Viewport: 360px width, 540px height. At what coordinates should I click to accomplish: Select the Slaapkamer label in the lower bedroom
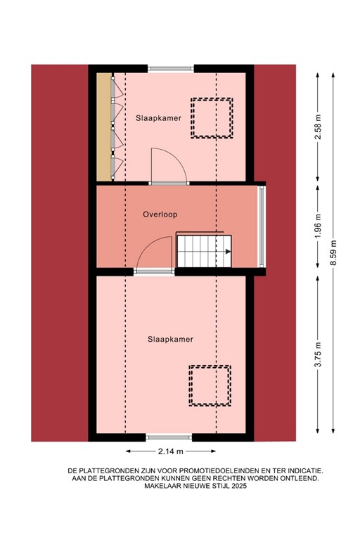coord(170,339)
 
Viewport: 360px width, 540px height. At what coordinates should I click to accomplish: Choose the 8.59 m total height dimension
coord(334,252)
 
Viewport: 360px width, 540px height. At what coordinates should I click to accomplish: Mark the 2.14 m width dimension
coord(170,451)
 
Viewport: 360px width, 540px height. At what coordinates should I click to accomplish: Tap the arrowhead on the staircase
coord(228,250)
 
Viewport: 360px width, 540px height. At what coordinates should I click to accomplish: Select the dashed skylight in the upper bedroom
coord(213,117)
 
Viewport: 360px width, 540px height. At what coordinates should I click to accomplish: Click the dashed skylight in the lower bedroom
coord(209,385)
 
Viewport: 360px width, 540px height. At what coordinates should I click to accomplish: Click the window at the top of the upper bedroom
coord(170,68)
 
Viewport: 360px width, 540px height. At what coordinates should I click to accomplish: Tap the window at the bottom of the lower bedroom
coord(169,437)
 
